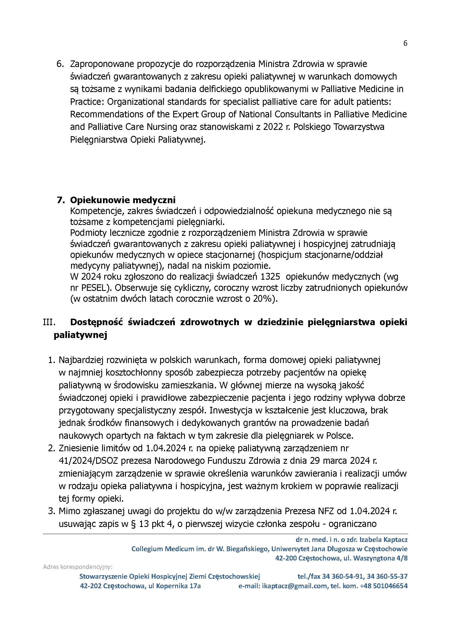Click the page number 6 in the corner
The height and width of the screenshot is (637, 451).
(405, 43)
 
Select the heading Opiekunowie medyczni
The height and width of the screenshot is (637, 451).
(123, 200)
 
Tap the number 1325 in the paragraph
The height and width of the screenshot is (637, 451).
(270, 277)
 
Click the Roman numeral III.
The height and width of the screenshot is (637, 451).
(49, 322)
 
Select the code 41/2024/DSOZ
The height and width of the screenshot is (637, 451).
(88, 461)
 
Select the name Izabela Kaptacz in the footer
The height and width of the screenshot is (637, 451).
(383, 540)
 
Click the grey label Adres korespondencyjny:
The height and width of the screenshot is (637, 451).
(77, 567)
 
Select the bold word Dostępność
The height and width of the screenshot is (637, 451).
(96, 322)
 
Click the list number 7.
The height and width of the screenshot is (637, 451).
(60, 200)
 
